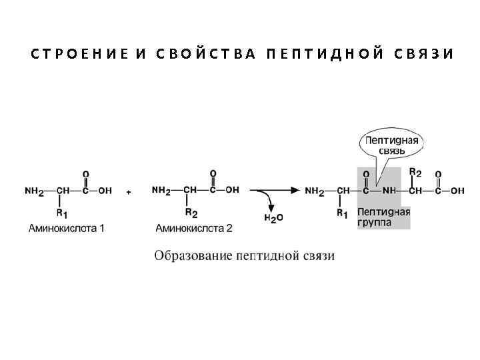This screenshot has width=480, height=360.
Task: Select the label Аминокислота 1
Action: pos(66,228)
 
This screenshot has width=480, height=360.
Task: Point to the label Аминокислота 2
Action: pos(194,228)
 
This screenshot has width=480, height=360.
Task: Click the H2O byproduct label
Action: pos(273,218)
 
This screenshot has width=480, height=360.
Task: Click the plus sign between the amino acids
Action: pos(128,191)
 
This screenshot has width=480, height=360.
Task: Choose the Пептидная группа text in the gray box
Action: pos(383,218)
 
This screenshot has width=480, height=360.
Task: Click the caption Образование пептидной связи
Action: pos(245,255)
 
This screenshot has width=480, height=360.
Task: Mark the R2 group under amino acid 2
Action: pos(191,213)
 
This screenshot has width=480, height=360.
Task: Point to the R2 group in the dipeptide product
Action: pos(415,172)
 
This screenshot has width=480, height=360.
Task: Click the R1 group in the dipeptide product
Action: pos(343,213)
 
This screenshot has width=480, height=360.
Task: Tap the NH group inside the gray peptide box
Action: pos(389,191)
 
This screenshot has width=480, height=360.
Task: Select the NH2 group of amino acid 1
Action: pos(35,191)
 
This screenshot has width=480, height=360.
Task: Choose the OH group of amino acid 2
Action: pos(233,190)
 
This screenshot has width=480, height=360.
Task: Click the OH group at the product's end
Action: pos(457,191)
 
